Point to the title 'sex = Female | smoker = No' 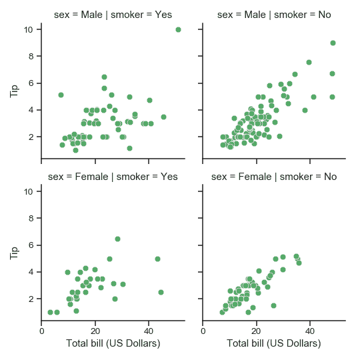(x=274, y=177)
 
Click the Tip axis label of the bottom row (x=15, y=251)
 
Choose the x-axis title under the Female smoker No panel (x=274, y=343)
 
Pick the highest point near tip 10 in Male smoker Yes (x=178, y=29)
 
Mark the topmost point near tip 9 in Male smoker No (x=333, y=43)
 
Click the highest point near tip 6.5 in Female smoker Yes (x=117, y=239)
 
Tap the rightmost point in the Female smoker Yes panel (x=161, y=292)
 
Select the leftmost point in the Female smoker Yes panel (x=50, y=312)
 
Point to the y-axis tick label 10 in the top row (x=29, y=29)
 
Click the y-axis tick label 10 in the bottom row (x=29, y=191)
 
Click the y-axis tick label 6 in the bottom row (x=31, y=245)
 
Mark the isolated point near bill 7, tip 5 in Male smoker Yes (x=61, y=95)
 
